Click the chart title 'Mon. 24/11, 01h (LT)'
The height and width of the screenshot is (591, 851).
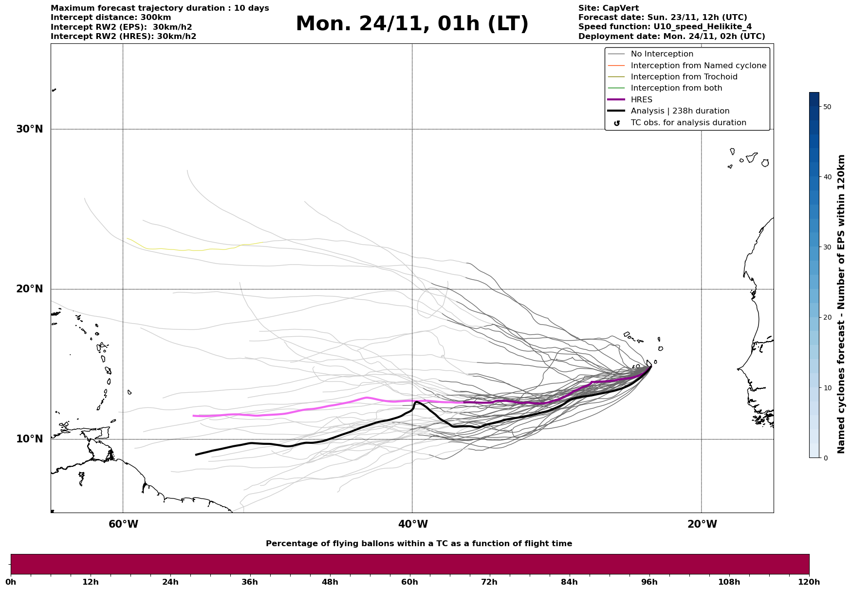pos(412,24)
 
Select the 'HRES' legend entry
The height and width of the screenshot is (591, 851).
pos(641,100)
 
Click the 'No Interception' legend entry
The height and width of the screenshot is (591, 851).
pos(662,54)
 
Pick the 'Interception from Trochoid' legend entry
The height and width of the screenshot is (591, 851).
pos(684,77)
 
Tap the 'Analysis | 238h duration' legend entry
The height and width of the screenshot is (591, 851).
pos(680,111)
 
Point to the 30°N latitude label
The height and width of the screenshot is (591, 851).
pos(30,129)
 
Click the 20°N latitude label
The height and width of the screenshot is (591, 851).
pos(30,289)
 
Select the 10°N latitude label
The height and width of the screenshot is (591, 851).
pos(30,439)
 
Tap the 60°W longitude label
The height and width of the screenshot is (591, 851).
pos(123,524)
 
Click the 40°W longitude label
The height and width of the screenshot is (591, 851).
pos(413,524)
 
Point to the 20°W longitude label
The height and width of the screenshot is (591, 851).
pos(702,524)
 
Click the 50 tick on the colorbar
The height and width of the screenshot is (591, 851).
pos(827,107)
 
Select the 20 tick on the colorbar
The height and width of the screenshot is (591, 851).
pos(827,317)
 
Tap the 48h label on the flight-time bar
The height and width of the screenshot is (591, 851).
pos(330,582)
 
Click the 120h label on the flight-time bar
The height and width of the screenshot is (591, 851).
pos(809,582)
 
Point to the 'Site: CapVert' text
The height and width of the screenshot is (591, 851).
pos(608,8)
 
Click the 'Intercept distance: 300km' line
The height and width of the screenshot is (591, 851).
pos(111,18)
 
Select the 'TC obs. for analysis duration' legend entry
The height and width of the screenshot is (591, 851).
pos(688,123)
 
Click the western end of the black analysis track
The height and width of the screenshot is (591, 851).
pos(196,455)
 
